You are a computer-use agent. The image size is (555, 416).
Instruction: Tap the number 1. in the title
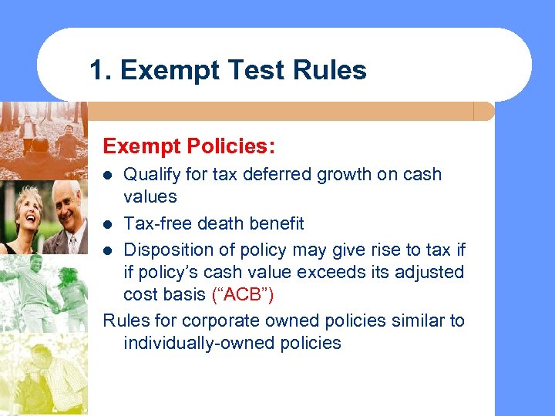[x=102, y=70]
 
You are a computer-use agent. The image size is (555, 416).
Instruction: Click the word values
[x=150, y=196]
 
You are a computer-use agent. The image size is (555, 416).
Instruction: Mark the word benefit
[x=275, y=223]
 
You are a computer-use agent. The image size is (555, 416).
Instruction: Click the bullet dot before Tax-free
[x=109, y=224]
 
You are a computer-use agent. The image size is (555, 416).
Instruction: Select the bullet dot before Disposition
[x=109, y=250]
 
